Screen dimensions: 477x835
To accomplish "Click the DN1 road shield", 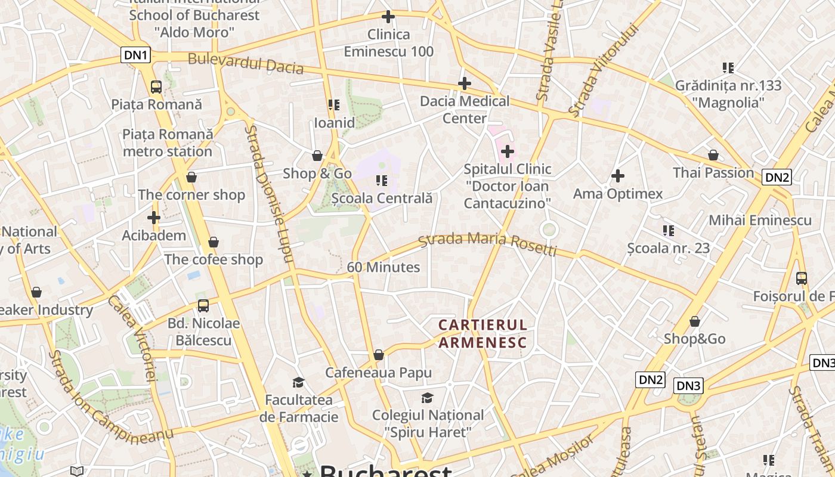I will point(136,55).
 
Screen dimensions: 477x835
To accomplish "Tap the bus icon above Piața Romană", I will point(156,87).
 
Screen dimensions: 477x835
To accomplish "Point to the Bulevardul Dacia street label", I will point(246,63).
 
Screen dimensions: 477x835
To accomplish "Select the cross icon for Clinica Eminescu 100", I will point(388,17).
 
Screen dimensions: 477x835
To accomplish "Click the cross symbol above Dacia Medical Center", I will point(465,83).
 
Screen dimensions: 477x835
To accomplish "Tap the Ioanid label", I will point(335,123).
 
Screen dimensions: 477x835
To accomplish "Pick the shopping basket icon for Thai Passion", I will point(713,155).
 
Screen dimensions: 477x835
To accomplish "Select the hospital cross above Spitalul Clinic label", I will point(507,151).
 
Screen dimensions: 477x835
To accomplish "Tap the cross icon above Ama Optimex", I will point(618,176).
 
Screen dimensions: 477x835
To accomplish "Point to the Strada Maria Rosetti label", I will point(488,242).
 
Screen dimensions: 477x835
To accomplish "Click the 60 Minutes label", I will point(384,267).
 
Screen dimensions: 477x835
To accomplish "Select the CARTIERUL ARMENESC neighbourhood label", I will point(483,334).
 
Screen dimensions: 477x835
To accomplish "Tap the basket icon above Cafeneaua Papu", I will point(378,355).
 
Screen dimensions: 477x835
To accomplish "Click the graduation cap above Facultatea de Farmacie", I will point(298,382).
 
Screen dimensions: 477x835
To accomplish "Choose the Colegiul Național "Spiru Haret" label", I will point(428,423).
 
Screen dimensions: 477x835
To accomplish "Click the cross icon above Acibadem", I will point(154,218).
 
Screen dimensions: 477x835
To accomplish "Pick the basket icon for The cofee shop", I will point(214,242).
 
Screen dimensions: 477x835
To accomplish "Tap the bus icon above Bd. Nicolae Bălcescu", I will point(203,306).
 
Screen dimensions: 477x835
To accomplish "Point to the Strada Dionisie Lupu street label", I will point(270,194).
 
